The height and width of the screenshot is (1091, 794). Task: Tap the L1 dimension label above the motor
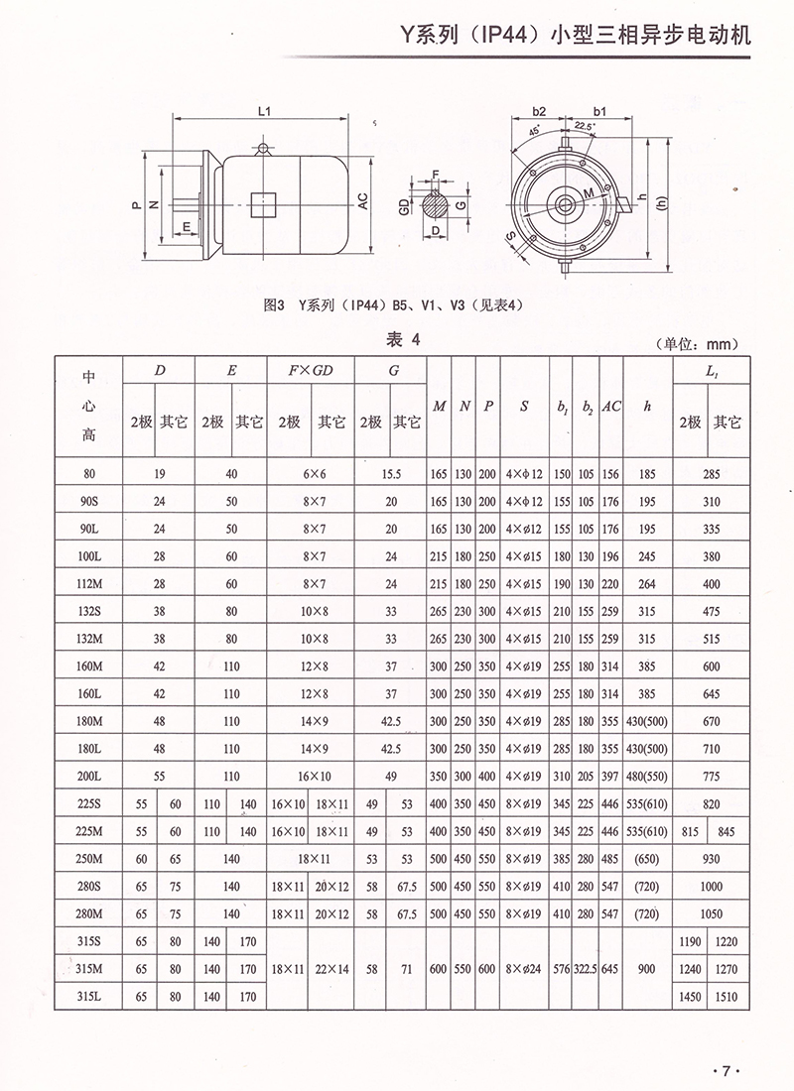pos(264,113)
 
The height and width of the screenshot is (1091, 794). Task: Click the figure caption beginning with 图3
pos(394,306)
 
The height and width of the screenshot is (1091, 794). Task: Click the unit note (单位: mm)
pos(695,344)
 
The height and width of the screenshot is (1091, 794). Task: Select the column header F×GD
pos(312,371)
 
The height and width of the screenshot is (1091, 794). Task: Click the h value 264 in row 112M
pos(648,584)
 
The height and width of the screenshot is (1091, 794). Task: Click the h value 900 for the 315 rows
pos(648,968)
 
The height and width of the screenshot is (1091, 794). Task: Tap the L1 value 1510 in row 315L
pos(727,995)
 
